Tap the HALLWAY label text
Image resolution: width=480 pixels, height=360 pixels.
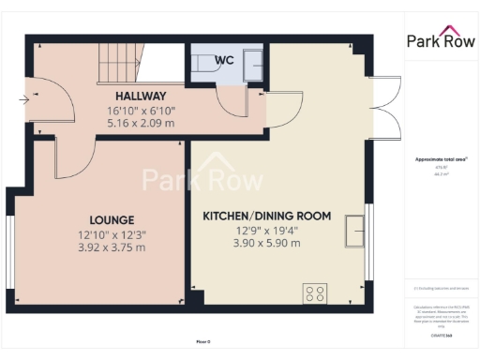(141, 96)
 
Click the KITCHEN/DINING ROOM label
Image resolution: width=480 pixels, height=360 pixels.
(267, 216)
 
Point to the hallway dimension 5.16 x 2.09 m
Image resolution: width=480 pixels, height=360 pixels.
(141, 122)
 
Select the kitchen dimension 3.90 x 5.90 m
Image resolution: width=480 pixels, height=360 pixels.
(267, 243)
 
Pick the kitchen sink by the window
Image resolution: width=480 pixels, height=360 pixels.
(355, 230)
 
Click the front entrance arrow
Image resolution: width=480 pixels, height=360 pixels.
(22, 97)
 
